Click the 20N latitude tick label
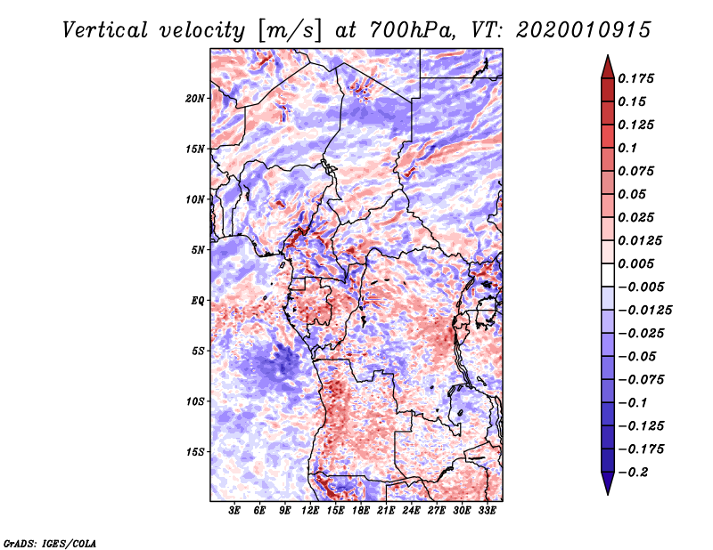[195, 98]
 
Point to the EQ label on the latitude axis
[197, 301]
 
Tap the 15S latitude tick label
[195, 452]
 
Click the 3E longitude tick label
[235, 511]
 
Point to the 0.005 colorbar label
[639, 263]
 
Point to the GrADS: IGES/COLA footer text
[50, 542]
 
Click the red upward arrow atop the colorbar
[607, 65]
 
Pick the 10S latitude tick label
[195, 401]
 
